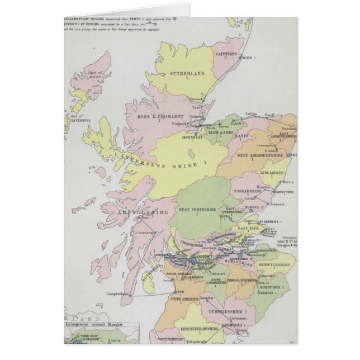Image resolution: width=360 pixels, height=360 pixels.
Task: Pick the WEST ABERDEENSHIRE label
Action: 257,155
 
